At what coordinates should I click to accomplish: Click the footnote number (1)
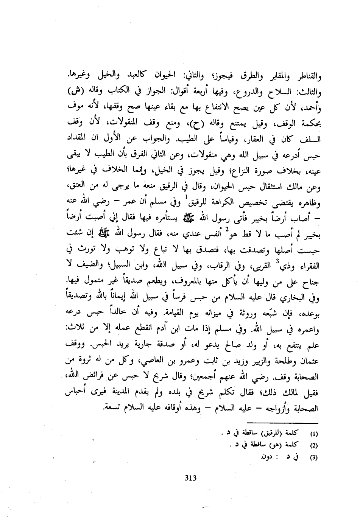314,432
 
